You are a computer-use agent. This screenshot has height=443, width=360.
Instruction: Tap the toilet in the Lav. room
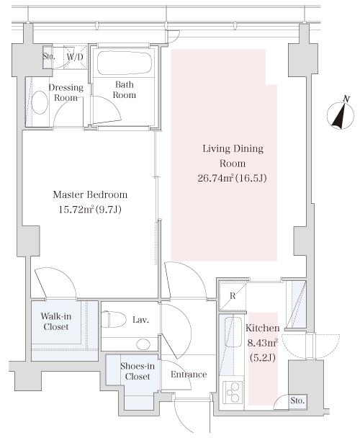pos(114,319)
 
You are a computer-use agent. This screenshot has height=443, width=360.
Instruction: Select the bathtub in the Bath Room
pos(125,63)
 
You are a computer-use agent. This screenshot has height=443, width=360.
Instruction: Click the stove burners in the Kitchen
pos(233,393)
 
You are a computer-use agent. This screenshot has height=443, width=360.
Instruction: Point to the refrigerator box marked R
pos(233,296)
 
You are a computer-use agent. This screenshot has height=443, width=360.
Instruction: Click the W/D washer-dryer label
pos(75,57)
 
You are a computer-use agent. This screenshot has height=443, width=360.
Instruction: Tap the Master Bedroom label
pos(90,194)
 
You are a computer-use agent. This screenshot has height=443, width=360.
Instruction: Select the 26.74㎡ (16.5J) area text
pos(232,178)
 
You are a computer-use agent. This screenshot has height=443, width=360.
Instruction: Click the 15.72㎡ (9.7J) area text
pos(90,210)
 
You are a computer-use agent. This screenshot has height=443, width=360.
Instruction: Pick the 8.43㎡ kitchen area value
pos(262,343)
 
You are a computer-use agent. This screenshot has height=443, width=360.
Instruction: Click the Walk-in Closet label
pos(56,321)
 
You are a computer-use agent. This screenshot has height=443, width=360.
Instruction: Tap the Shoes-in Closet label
pos(138,371)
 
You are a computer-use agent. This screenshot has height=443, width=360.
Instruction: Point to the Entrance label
pos(189,375)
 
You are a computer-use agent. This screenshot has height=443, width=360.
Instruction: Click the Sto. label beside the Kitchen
pos(297,401)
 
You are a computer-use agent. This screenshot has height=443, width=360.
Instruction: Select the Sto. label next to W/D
pos(48,56)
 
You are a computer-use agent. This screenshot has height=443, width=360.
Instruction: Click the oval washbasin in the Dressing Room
pos(40,102)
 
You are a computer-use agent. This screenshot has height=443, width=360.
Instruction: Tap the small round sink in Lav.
pos(143,344)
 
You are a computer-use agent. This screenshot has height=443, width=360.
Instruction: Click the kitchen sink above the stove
pos(233,331)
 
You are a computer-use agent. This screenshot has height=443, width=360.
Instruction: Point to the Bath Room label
pos(125,89)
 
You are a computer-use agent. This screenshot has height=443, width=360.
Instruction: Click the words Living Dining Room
pos(233,156)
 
